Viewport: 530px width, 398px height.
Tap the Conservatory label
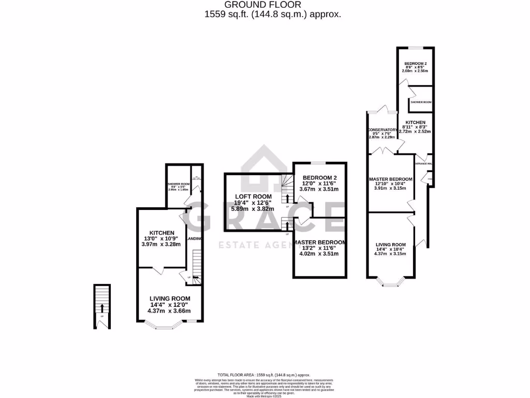[381, 130]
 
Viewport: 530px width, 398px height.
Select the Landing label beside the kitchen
[194, 238]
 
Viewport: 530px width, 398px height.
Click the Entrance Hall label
[423, 164]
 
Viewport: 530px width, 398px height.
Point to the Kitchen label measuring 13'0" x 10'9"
[162, 233]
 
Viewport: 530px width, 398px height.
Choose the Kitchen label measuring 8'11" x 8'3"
[415, 122]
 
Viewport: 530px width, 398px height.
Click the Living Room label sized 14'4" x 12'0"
[170, 298]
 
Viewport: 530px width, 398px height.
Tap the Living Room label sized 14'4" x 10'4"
[391, 244]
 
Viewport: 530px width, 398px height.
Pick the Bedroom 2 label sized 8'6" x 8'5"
[415, 63]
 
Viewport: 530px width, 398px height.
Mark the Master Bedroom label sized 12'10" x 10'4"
[391, 179]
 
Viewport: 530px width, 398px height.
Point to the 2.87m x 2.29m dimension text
[381, 137]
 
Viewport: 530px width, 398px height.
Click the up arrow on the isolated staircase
[102, 307]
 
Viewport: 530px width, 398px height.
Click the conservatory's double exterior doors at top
[381, 110]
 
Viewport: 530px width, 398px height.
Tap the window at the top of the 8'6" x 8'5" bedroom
[415, 48]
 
